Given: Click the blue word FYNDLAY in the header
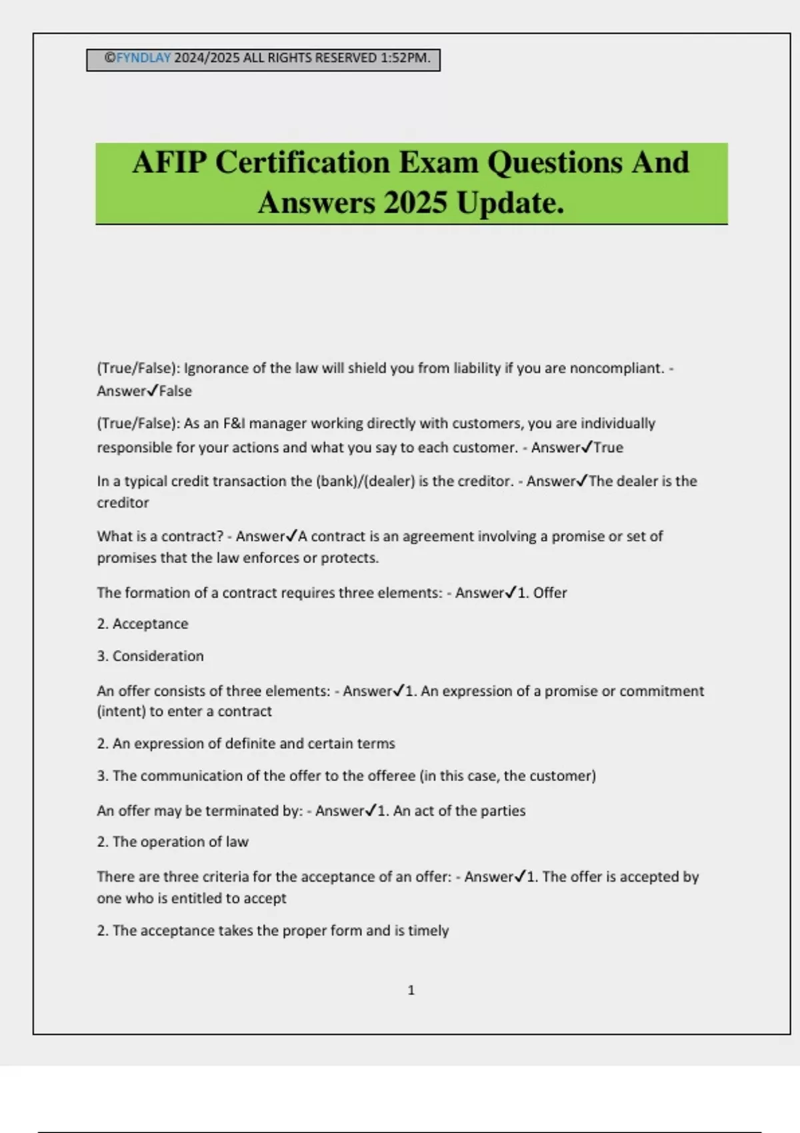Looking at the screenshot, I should [x=143, y=58].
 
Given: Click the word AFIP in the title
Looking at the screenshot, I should [x=169, y=163].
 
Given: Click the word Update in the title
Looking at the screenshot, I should [x=510, y=203].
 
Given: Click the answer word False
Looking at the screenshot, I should [x=175, y=391].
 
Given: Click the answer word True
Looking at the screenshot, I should [x=608, y=448].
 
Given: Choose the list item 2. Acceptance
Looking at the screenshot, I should [x=143, y=624].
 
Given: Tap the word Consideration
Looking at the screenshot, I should [x=158, y=656].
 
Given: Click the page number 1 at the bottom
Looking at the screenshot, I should [x=411, y=990].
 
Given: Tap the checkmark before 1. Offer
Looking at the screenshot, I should [x=511, y=592].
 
